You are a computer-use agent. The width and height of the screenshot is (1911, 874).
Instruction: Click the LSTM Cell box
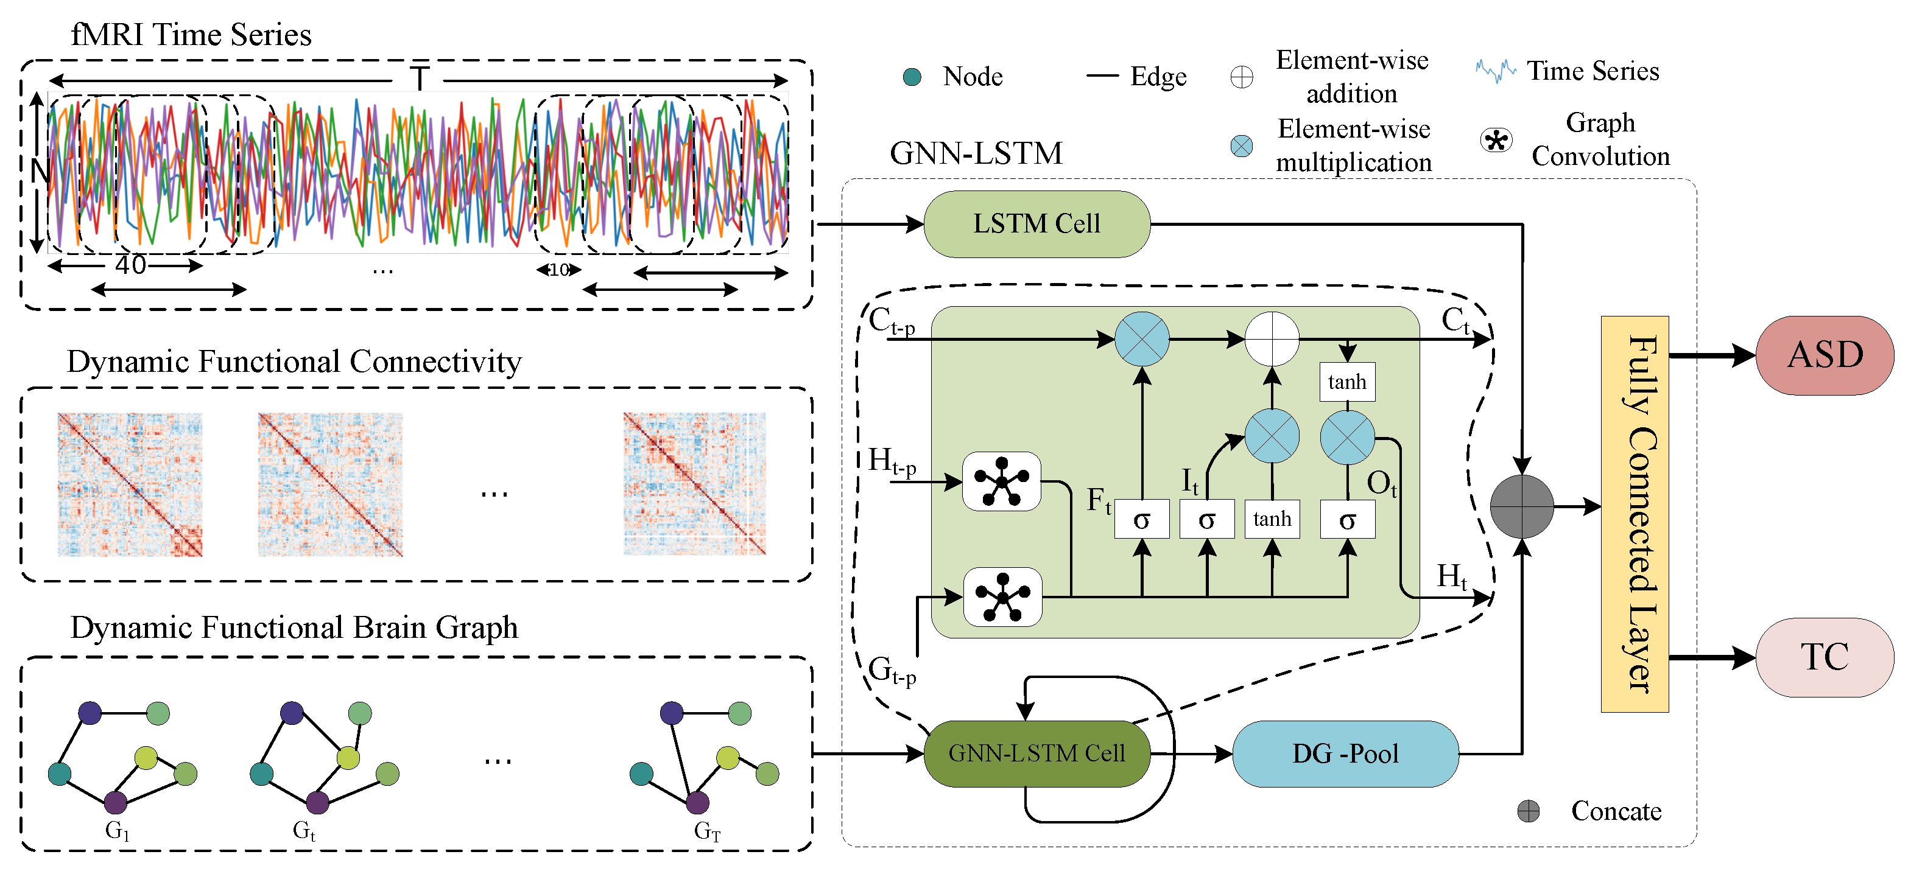pos(1036,224)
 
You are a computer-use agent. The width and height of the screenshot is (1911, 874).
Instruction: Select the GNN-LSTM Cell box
pos(1036,753)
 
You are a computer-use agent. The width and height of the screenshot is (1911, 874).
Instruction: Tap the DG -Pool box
pos(1345,753)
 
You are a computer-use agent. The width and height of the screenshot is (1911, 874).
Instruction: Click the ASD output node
pos(1824,355)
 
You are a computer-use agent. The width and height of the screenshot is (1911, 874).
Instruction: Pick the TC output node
pos(1824,657)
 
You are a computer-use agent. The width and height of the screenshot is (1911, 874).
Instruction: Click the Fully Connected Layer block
pos(1635,514)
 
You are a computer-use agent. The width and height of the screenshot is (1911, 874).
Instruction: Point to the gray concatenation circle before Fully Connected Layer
pos(1521,506)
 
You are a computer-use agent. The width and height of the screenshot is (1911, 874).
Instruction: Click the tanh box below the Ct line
pos(1347,382)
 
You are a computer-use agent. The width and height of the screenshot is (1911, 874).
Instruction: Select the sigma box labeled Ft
pos(1142,520)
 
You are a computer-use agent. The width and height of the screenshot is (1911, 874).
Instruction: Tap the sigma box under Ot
pos(1347,520)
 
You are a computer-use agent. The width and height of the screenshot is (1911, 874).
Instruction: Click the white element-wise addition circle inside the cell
pos(1272,339)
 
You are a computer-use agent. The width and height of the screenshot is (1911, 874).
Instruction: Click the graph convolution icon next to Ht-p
pos(1002,481)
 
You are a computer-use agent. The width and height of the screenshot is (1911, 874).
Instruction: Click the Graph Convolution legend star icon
pos(1496,139)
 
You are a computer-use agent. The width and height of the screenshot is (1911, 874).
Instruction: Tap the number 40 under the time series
pos(130,265)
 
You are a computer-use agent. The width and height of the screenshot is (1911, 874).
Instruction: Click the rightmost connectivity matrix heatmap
pos(694,483)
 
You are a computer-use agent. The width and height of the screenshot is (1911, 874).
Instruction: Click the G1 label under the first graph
pos(117,830)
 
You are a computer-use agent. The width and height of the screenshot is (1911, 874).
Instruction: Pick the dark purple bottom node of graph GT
pos(697,802)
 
